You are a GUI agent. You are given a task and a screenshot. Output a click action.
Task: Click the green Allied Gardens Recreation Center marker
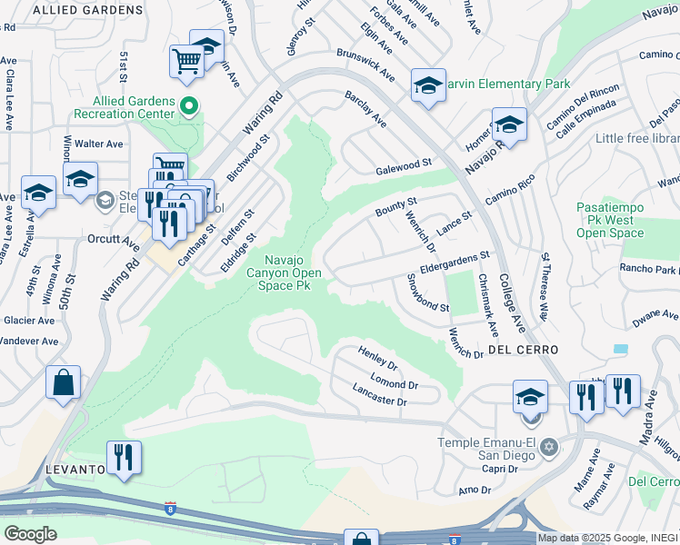[189, 106]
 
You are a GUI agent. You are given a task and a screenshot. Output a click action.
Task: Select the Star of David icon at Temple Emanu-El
[548, 447]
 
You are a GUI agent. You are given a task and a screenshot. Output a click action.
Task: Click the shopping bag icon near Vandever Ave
[64, 383]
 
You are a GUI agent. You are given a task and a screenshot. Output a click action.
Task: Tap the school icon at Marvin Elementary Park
[428, 86]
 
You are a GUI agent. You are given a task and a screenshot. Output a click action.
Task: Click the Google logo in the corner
[30, 534]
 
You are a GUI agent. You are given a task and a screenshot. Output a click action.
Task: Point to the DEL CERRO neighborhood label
[521, 349]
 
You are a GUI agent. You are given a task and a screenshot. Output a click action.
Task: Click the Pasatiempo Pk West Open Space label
[611, 221]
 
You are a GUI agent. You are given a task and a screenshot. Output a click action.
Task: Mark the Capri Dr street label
[500, 470]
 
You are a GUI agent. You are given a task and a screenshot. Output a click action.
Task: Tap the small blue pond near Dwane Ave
[620, 349]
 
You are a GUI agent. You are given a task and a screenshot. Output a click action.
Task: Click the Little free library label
[637, 139]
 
